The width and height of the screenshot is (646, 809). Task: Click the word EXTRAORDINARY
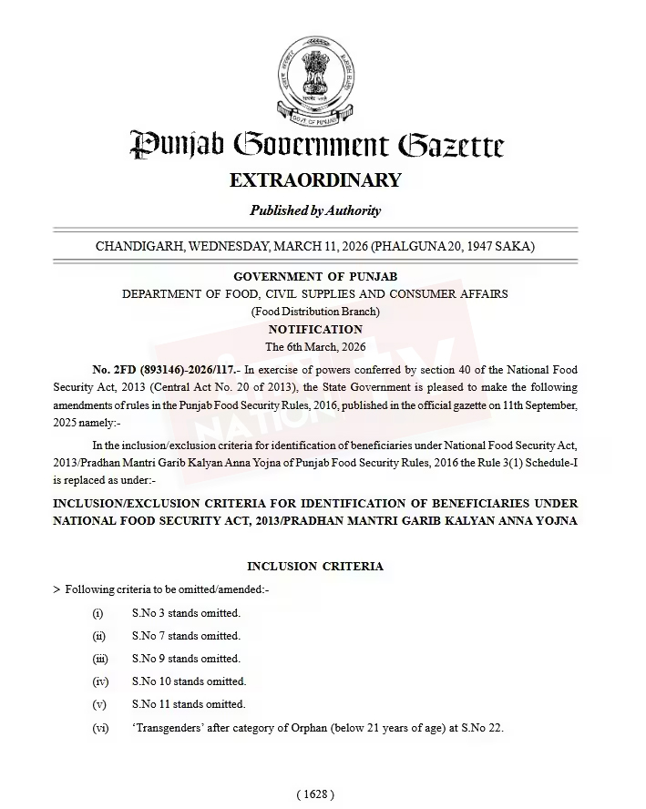(x=315, y=179)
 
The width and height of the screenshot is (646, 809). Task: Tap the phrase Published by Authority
(x=315, y=210)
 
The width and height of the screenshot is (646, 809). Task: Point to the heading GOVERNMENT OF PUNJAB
(x=315, y=276)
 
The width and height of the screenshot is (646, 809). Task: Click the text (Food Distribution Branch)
(x=315, y=312)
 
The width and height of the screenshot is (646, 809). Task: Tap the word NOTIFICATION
(x=315, y=329)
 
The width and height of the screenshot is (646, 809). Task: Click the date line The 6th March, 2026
(x=315, y=347)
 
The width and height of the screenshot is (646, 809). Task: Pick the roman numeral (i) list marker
(x=98, y=613)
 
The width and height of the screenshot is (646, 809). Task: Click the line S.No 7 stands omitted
(x=185, y=636)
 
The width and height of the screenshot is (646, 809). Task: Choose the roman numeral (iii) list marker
(x=100, y=659)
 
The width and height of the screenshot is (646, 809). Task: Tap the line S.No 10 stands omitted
(x=188, y=681)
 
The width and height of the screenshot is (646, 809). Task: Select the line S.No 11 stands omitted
(x=188, y=704)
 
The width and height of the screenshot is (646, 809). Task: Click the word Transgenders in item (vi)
(x=168, y=728)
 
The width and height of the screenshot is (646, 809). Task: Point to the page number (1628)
(x=315, y=794)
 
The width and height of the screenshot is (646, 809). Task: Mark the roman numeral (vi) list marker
(x=100, y=728)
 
